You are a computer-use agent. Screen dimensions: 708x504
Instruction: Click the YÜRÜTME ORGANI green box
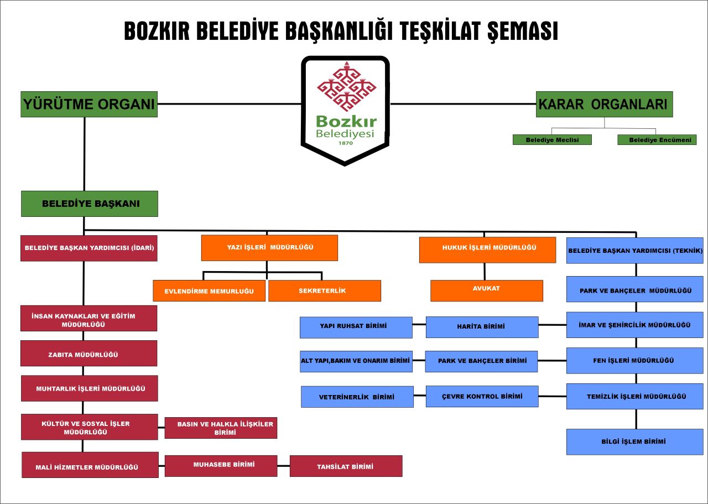(89, 105)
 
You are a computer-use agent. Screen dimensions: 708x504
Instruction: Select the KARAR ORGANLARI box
(605, 105)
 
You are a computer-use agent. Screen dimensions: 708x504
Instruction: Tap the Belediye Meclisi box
(552, 140)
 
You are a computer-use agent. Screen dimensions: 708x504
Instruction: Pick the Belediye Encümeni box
(657, 140)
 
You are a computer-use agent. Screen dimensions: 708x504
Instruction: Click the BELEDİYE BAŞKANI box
(90, 204)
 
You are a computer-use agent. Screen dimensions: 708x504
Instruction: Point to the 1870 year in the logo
(346, 143)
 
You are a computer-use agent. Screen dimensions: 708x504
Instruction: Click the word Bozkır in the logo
(346, 121)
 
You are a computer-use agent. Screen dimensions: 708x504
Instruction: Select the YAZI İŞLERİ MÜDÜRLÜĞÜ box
(269, 247)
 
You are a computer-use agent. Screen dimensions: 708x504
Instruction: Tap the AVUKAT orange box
(487, 290)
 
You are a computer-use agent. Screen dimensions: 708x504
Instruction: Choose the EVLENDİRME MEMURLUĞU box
(209, 290)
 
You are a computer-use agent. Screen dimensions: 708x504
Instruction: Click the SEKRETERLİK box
(325, 290)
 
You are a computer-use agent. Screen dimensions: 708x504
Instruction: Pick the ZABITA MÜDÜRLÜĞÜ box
(89, 353)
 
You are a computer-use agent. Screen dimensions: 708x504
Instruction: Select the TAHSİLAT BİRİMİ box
(346, 466)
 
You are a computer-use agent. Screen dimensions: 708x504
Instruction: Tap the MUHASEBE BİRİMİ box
(221, 466)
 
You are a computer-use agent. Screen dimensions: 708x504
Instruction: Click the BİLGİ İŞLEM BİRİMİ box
(634, 441)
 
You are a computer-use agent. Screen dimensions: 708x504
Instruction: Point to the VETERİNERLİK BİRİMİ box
(357, 397)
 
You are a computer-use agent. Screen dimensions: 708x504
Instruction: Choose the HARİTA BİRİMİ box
(482, 328)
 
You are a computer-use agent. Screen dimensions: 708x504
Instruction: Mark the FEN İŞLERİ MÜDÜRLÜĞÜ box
(634, 361)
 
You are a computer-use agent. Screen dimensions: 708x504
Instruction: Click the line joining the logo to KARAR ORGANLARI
(463, 103)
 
